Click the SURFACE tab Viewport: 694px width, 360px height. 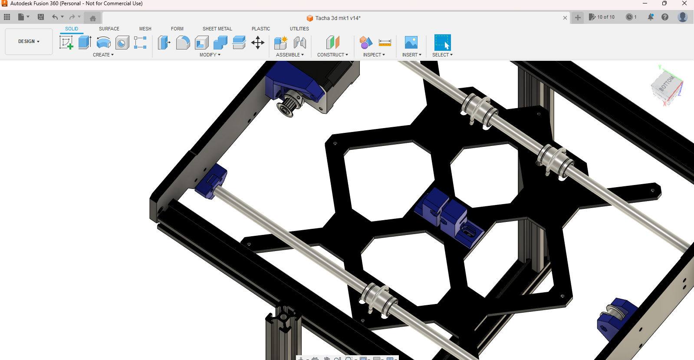point(109,29)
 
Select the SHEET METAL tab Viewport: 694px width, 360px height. point(217,29)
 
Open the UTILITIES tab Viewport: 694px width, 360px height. point(299,29)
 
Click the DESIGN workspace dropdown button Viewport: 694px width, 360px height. point(29,42)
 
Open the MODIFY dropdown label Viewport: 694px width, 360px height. point(210,55)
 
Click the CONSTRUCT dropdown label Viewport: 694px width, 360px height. point(332,55)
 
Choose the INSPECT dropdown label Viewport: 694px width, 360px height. point(374,55)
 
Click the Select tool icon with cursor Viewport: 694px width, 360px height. point(442,43)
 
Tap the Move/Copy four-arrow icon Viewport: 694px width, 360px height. point(258,43)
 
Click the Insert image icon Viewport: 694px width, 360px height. point(411,43)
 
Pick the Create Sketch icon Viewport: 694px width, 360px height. point(66,43)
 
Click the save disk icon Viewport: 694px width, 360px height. point(41,17)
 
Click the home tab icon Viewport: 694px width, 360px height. point(92,18)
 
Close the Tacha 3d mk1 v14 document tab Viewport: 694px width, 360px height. point(565,18)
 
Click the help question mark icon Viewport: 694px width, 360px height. point(664,17)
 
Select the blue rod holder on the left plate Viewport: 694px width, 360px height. point(211,181)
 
